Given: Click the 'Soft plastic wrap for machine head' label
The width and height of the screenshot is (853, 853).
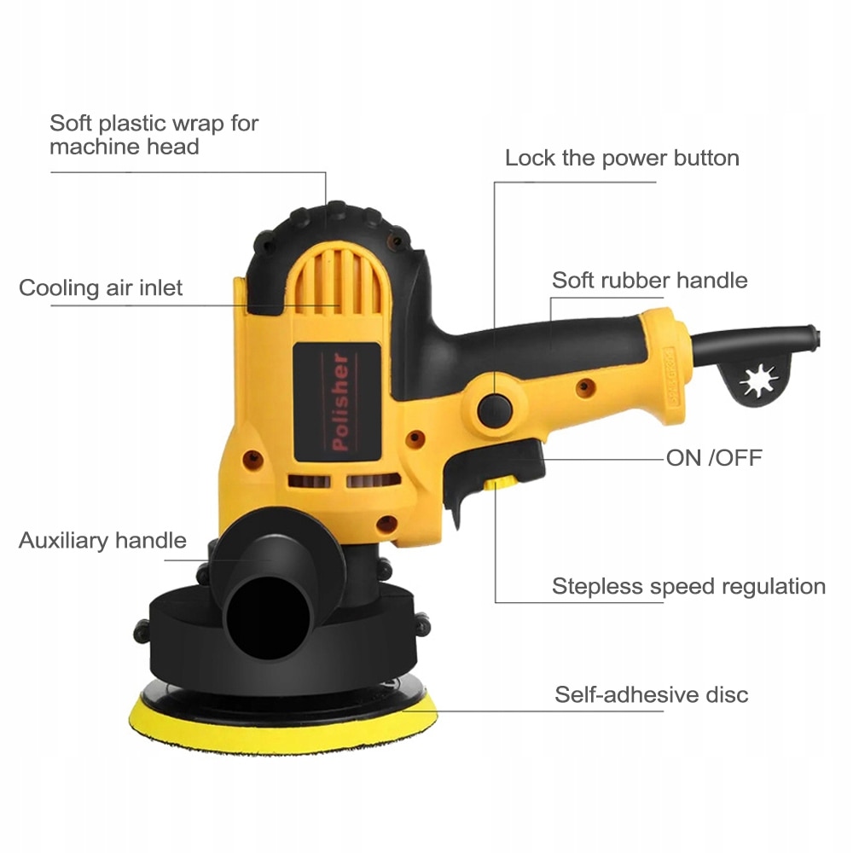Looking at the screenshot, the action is [x=154, y=135].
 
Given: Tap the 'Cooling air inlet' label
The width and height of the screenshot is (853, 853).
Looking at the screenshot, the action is [x=101, y=287].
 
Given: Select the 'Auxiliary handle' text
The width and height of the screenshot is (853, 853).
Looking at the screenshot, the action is [x=102, y=540].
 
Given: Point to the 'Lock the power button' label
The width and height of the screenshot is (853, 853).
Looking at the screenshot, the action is [x=622, y=158].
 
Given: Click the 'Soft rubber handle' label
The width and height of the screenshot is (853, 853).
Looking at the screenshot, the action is [x=649, y=280].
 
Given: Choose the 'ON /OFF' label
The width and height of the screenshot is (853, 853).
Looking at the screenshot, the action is [x=714, y=458].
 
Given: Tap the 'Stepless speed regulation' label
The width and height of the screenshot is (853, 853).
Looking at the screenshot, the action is [x=688, y=587].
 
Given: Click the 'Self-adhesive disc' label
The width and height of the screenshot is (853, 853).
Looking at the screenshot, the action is [x=651, y=694].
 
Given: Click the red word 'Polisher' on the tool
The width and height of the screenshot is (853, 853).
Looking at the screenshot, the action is [x=340, y=402].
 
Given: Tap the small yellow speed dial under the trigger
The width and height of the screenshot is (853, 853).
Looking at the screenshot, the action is [x=501, y=483].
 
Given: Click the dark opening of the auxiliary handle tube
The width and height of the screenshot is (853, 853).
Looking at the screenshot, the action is [x=267, y=618].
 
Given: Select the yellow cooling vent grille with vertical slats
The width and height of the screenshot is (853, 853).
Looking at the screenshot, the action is [x=334, y=280].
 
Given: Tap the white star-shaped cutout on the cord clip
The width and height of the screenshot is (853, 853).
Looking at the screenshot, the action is [x=758, y=380].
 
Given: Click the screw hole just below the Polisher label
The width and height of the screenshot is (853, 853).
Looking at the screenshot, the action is [x=387, y=524].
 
